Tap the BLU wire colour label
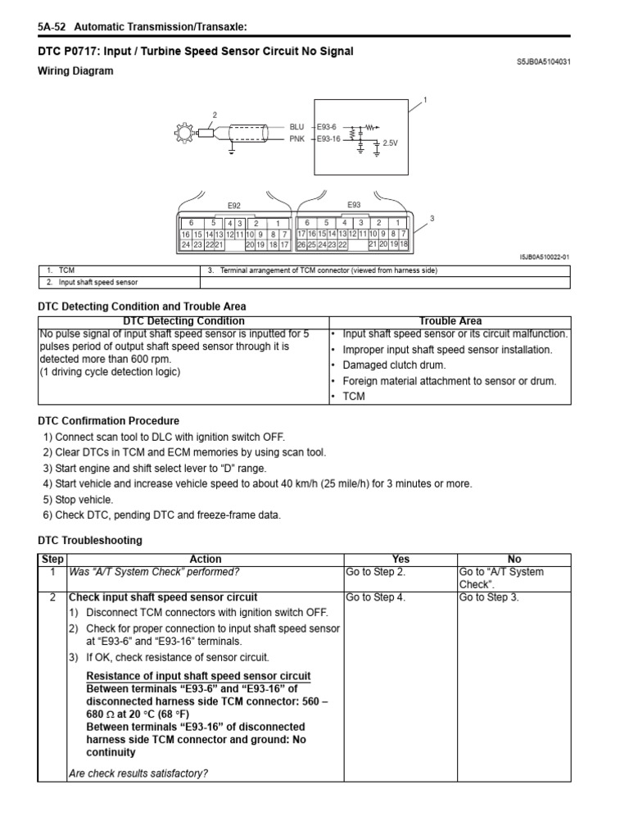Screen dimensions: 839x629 (x=296, y=127)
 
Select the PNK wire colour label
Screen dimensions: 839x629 (x=296, y=138)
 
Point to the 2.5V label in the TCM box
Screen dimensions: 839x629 (x=390, y=143)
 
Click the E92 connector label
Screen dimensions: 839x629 (x=233, y=206)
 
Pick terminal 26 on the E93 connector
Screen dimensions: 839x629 (x=301, y=244)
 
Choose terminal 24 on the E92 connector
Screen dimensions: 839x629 (x=186, y=244)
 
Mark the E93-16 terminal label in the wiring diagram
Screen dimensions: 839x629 (x=329, y=138)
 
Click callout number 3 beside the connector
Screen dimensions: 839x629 (x=431, y=218)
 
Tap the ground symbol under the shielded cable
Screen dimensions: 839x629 (x=233, y=150)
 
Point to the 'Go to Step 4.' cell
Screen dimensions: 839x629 (x=375, y=597)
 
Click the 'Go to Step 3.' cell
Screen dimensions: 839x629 (x=489, y=597)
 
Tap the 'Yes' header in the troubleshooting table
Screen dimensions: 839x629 (x=400, y=560)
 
